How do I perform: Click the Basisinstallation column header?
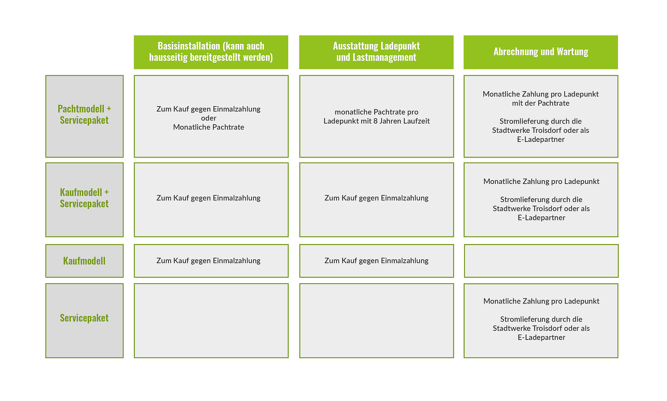(x=211, y=52)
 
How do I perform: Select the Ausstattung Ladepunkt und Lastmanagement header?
(x=376, y=52)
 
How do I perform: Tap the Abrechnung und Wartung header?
(x=541, y=52)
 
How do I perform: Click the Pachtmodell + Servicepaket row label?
(x=84, y=115)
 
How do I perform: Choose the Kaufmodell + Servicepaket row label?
(x=84, y=198)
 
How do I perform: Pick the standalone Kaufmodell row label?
(x=84, y=261)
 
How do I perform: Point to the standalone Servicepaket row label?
(x=84, y=318)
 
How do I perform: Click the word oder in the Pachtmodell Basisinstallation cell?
(x=209, y=118)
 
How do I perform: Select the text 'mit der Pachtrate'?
(x=541, y=103)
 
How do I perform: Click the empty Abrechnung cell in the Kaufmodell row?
(x=541, y=261)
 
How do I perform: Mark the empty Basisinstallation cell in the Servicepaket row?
(x=211, y=321)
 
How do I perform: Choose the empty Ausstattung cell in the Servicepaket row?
(x=377, y=321)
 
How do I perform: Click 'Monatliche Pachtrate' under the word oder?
(x=209, y=127)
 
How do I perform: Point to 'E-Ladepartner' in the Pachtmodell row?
(x=541, y=140)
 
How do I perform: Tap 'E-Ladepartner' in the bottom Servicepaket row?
(x=541, y=338)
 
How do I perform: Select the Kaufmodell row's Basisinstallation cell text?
(x=208, y=261)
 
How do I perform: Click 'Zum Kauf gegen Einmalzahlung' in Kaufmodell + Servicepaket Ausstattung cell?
(x=377, y=198)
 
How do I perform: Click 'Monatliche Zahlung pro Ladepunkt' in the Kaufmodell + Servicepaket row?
(x=541, y=182)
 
